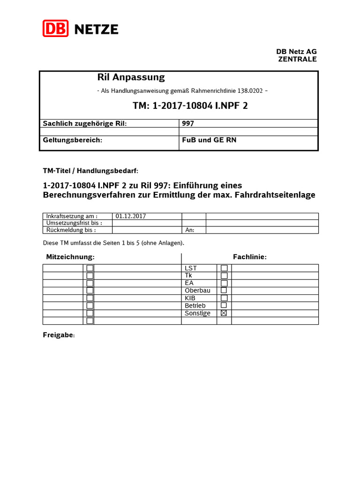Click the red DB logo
(x=56, y=29)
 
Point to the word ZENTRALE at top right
(x=297, y=59)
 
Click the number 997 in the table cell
(x=188, y=123)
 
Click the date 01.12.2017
(x=131, y=216)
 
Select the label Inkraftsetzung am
(x=72, y=216)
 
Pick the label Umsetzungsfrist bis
(x=74, y=223)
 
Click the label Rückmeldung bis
(x=71, y=230)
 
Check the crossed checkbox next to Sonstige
(x=224, y=313)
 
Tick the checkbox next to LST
(x=224, y=268)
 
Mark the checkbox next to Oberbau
(x=224, y=291)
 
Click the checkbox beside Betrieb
(x=224, y=306)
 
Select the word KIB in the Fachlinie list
(x=190, y=298)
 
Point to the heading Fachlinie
(x=250, y=257)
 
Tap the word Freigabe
(x=59, y=336)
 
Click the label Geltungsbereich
(x=73, y=140)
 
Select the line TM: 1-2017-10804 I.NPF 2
(x=190, y=106)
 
